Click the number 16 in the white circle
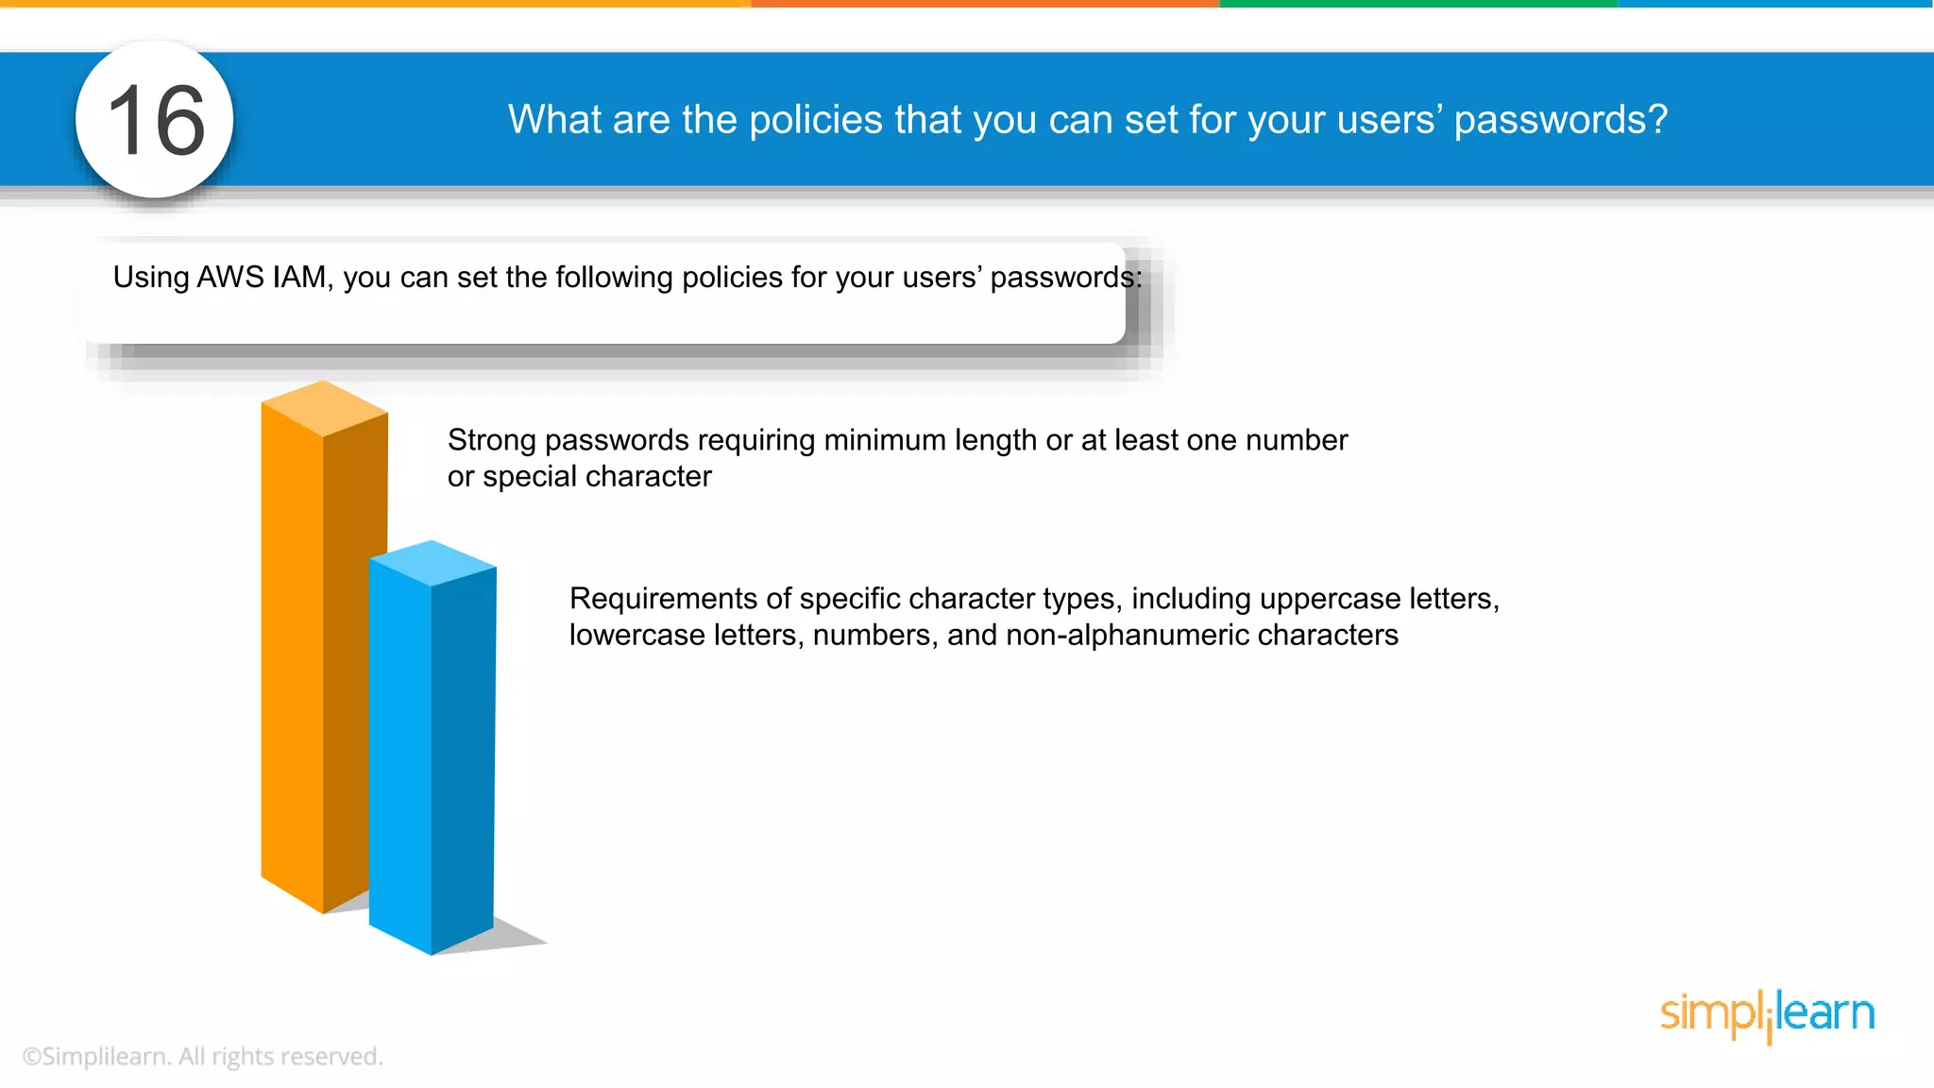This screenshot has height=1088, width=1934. pos(156,120)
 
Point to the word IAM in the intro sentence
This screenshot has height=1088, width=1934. pos(301,278)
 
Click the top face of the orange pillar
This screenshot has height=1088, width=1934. pos(324,407)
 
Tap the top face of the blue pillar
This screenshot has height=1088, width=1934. pos(433,563)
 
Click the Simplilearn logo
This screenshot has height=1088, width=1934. pos(1767,1014)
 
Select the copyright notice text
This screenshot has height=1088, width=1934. pos(202,1057)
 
